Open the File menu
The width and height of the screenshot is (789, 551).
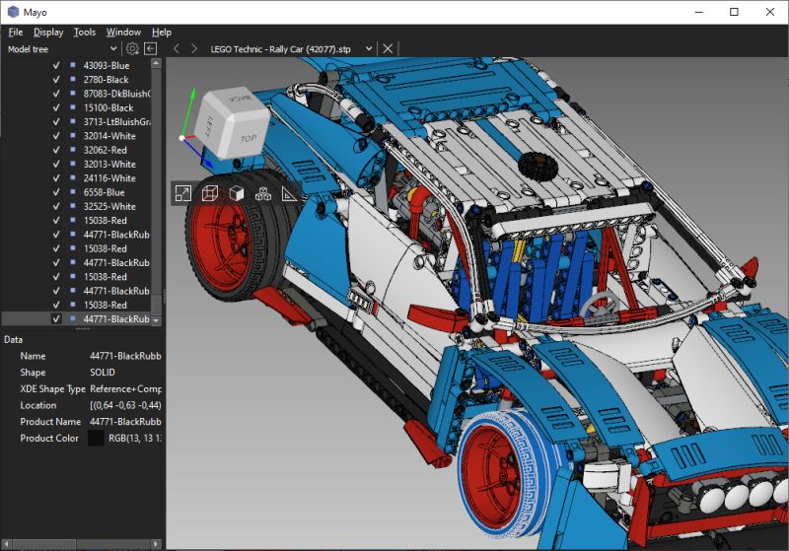tap(15, 32)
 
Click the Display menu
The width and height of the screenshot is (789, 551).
tap(47, 32)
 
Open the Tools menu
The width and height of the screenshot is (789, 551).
tap(85, 32)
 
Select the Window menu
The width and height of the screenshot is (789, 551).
tap(123, 32)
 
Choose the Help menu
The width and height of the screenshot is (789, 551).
tap(161, 32)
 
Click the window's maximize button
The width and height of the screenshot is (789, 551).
tap(734, 12)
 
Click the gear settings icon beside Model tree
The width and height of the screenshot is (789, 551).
tap(132, 48)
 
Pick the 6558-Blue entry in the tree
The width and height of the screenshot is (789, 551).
tap(104, 192)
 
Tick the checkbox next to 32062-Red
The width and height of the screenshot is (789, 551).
tap(56, 150)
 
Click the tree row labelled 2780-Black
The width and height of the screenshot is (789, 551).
tap(106, 79)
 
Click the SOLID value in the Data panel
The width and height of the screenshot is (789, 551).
tap(102, 372)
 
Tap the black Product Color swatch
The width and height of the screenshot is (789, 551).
tap(96, 439)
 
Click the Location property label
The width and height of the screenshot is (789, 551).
tap(38, 405)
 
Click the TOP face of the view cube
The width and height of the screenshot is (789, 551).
tap(247, 139)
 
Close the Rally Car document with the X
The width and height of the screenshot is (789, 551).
tap(388, 48)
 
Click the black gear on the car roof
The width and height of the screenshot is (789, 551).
tap(536, 165)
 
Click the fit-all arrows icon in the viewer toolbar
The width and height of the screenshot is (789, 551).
tap(182, 194)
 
